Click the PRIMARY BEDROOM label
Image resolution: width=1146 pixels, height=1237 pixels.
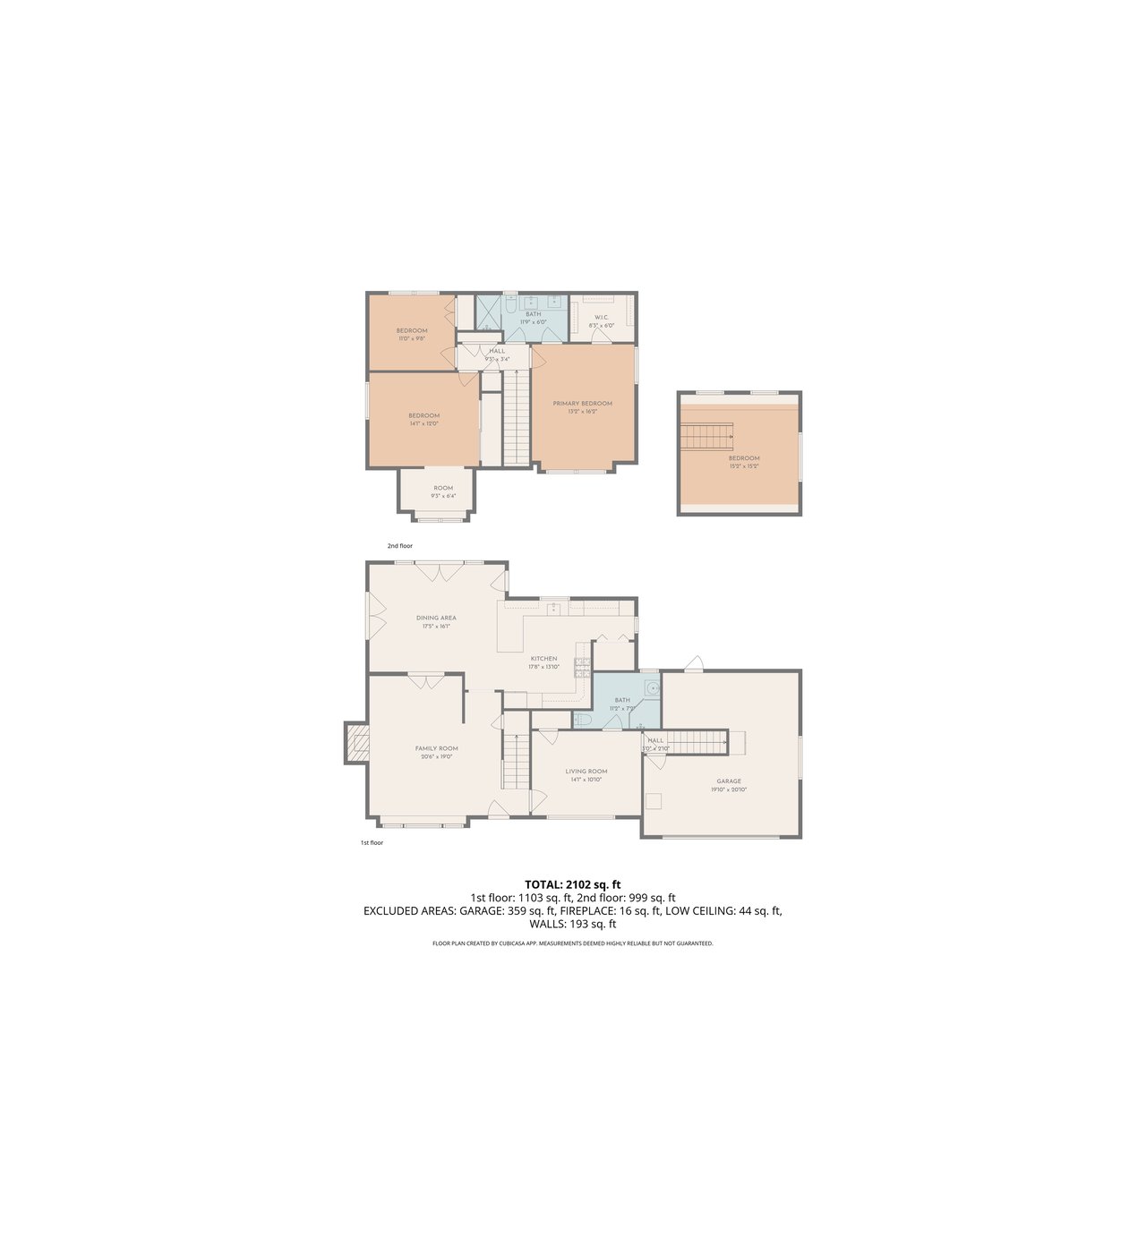582,404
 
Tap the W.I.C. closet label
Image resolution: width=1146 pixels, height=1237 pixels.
602,317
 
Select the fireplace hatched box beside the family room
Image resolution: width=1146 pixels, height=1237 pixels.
357,743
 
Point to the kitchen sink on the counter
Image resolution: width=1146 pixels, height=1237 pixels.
554,607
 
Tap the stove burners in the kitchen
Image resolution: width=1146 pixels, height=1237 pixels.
582,664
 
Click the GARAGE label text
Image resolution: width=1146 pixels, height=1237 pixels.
729,781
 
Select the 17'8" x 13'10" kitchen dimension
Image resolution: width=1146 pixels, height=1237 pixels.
543,667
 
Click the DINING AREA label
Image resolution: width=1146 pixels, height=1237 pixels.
436,618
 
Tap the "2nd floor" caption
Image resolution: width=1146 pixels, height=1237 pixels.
399,546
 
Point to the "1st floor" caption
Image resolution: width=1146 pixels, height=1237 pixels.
372,842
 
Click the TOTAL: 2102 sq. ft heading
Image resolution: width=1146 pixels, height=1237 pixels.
573,884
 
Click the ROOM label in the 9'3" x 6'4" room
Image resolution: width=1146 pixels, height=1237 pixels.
443,488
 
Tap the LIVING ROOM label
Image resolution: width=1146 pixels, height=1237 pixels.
586,771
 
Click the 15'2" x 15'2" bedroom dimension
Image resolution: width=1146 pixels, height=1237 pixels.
744,466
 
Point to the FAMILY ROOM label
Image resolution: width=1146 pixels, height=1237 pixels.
436,748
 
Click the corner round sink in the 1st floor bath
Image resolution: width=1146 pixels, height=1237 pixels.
653,687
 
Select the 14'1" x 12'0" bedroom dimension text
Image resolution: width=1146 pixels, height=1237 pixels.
423,423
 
